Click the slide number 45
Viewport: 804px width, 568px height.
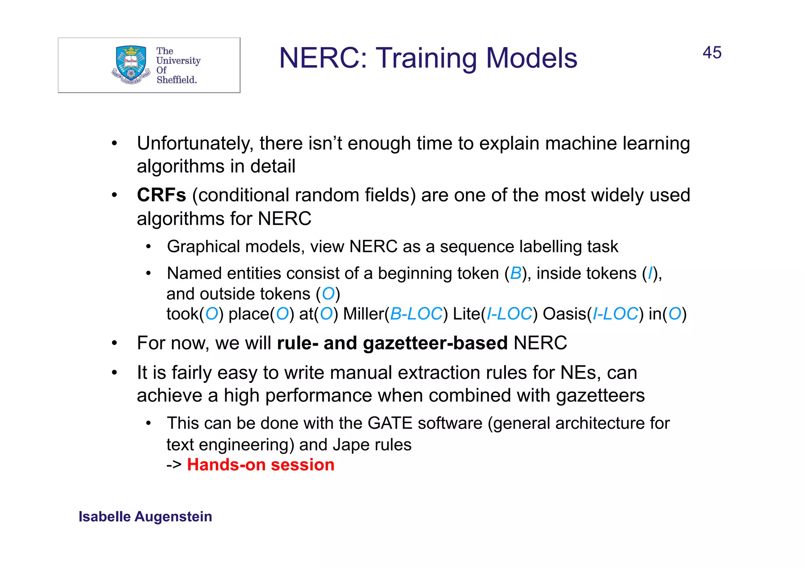pyautogui.click(x=712, y=53)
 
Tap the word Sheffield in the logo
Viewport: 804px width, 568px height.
pyautogui.click(x=176, y=80)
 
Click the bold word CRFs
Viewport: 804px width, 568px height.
pyautogui.click(x=161, y=195)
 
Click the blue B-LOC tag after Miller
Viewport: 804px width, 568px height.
pyautogui.click(x=416, y=314)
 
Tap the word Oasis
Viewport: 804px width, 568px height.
pyautogui.click(x=564, y=314)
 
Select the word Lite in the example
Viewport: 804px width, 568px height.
pyautogui.click(x=466, y=314)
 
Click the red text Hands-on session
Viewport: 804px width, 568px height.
pyautogui.click(x=261, y=465)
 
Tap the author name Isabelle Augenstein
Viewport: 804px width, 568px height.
pyautogui.click(x=145, y=517)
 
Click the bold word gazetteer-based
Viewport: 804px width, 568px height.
pyautogui.click(x=435, y=343)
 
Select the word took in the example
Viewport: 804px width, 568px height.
pyautogui.click(x=182, y=314)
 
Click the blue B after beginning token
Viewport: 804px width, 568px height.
pyautogui.click(x=515, y=274)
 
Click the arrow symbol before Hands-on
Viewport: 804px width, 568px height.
pyautogui.click(x=174, y=465)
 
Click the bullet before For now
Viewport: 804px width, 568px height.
pyautogui.click(x=114, y=343)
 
